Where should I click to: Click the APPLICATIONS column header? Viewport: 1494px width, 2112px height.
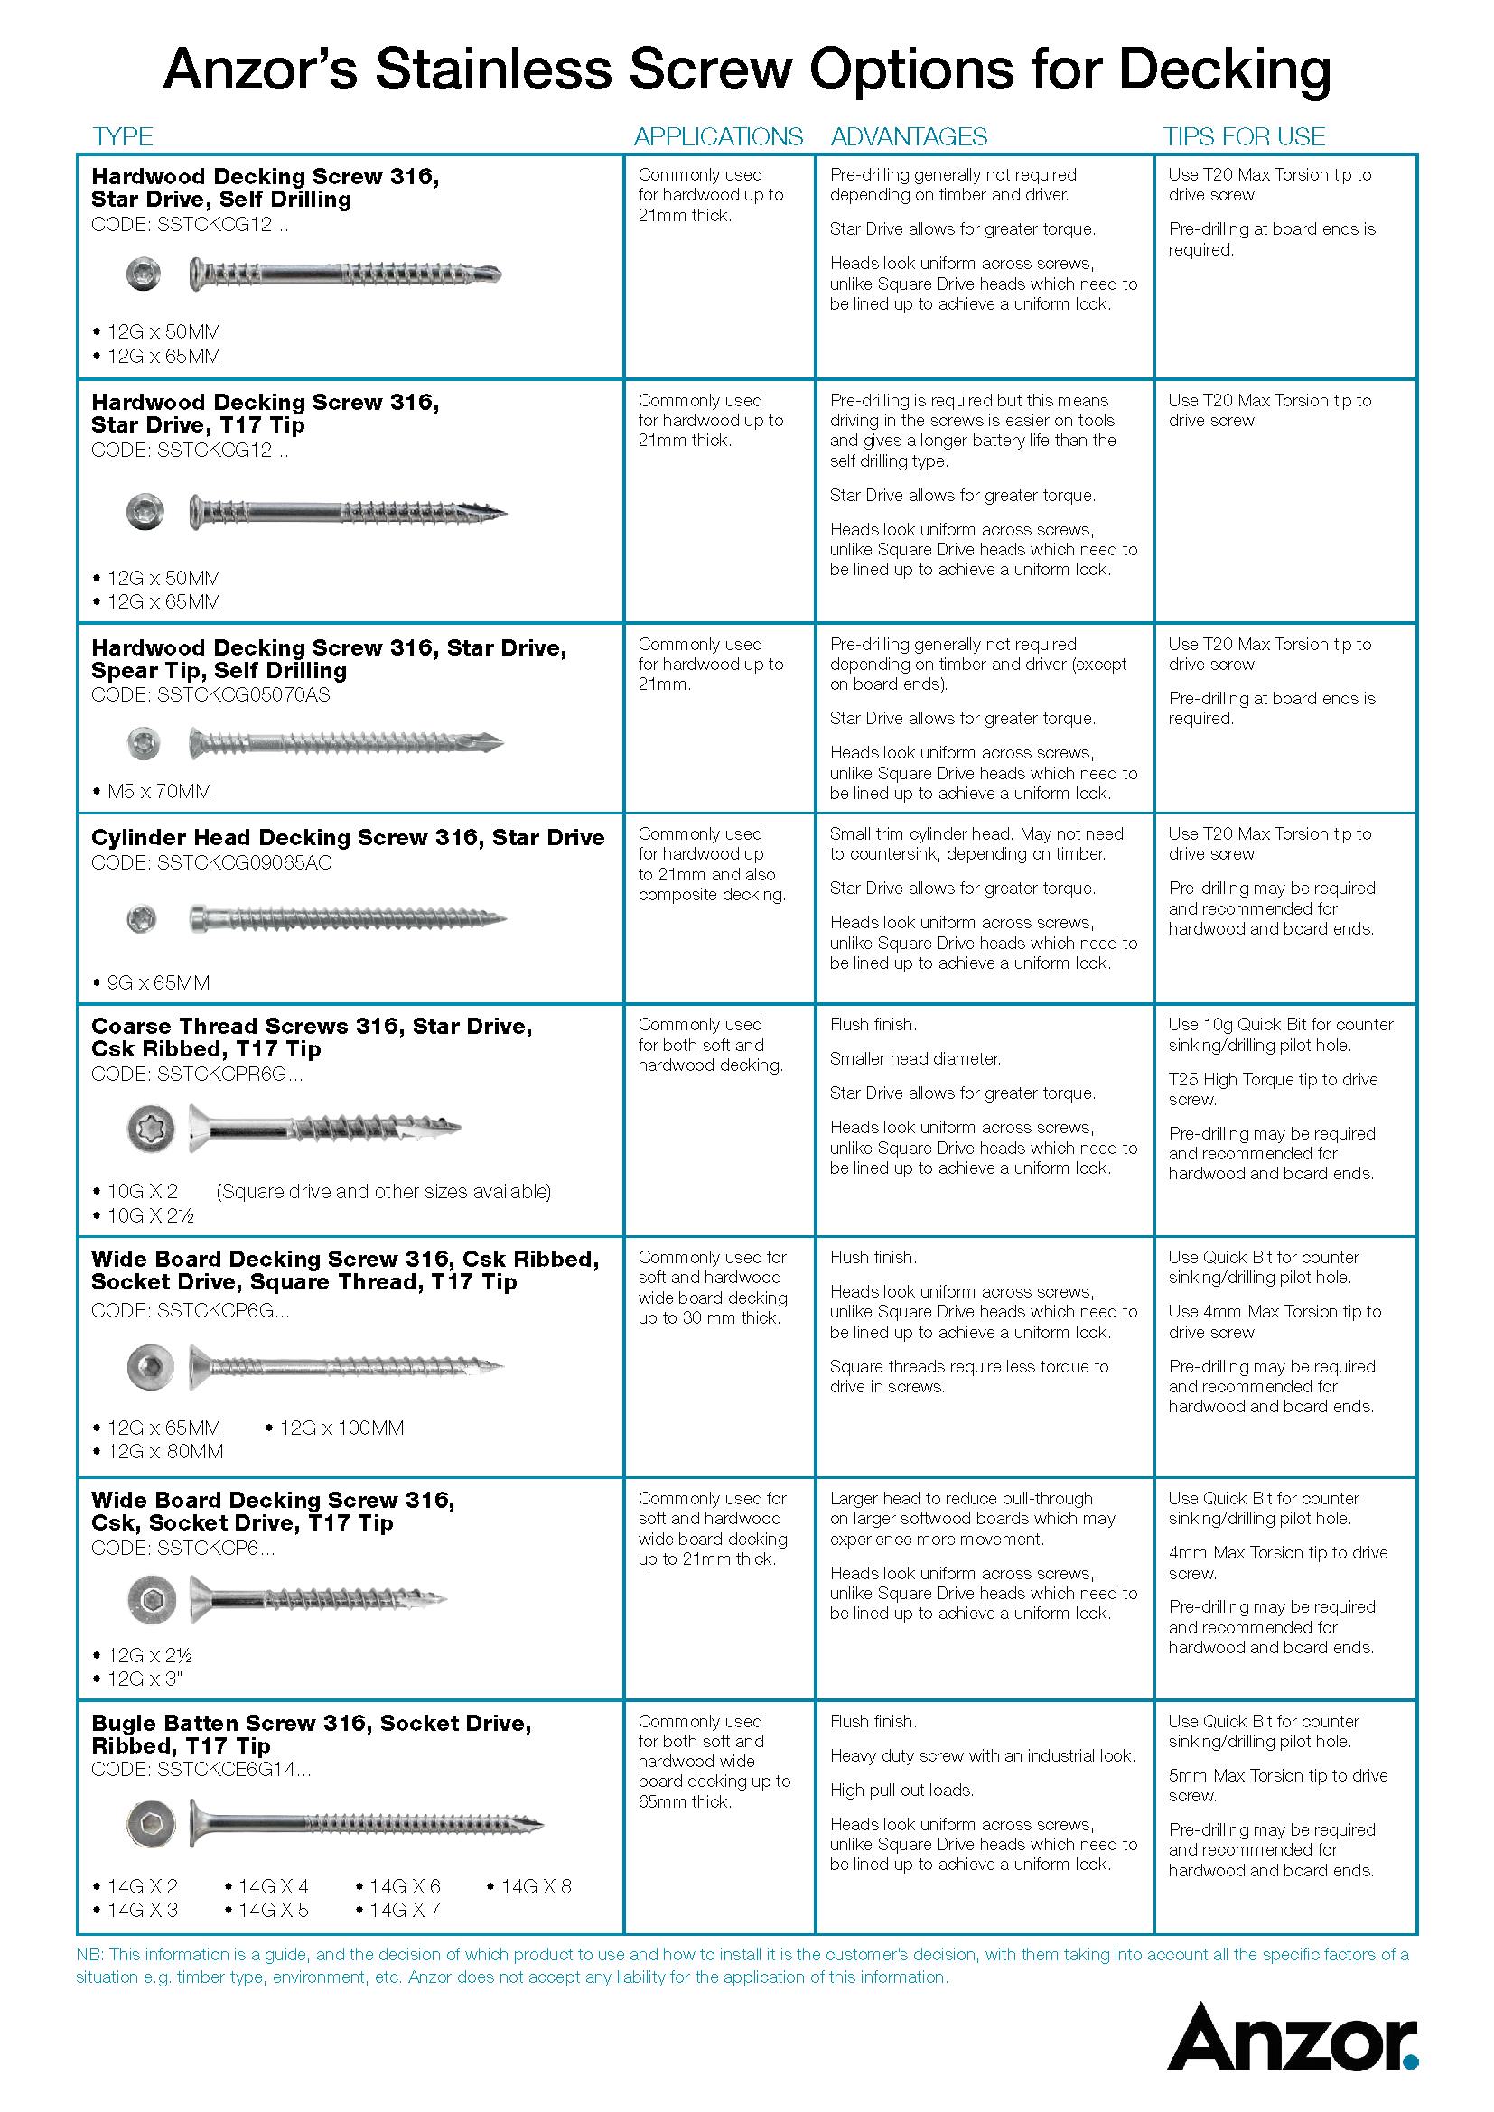pos(717,137)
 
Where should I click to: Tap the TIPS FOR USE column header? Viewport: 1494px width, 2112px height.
pos(1244,137)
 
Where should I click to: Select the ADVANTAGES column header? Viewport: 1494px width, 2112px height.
pos(909,137)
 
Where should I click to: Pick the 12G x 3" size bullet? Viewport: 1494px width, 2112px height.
pos(145,1679)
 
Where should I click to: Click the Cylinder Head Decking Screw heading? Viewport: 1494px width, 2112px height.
pos(348,837)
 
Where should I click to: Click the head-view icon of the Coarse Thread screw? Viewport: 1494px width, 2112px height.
pos(151,1130)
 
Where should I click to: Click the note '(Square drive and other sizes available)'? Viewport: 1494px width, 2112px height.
pos(384,1192)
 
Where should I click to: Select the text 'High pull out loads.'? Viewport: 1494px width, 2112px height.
pos(901,1790)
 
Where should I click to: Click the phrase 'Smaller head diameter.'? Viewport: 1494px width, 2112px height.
pos(914,1059)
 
